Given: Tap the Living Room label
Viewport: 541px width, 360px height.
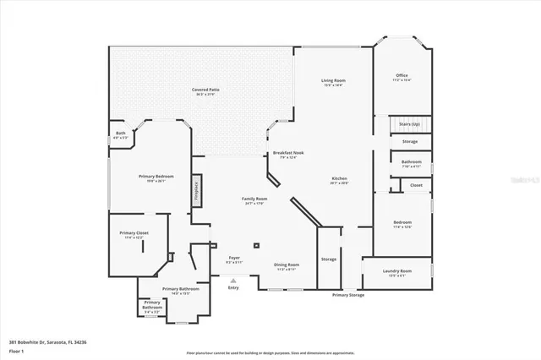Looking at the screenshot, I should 333,82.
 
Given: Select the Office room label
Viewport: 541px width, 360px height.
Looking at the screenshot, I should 402,78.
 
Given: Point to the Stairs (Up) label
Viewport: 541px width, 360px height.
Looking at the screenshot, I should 410,123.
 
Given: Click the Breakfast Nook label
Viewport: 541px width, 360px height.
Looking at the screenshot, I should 288,155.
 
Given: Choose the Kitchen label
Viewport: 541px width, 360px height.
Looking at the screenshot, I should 339,180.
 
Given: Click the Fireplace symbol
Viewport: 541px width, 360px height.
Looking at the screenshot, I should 196,188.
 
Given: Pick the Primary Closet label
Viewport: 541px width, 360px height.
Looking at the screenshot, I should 134,234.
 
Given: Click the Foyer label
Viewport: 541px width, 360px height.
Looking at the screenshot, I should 234,259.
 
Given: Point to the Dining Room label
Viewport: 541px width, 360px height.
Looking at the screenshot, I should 286,266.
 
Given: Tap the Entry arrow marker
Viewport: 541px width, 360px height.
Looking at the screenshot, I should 233,282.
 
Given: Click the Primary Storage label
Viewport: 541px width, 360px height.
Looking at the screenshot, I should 348,295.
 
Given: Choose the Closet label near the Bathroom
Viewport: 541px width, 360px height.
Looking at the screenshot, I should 416,185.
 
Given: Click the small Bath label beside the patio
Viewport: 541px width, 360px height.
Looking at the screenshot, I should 121,134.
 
